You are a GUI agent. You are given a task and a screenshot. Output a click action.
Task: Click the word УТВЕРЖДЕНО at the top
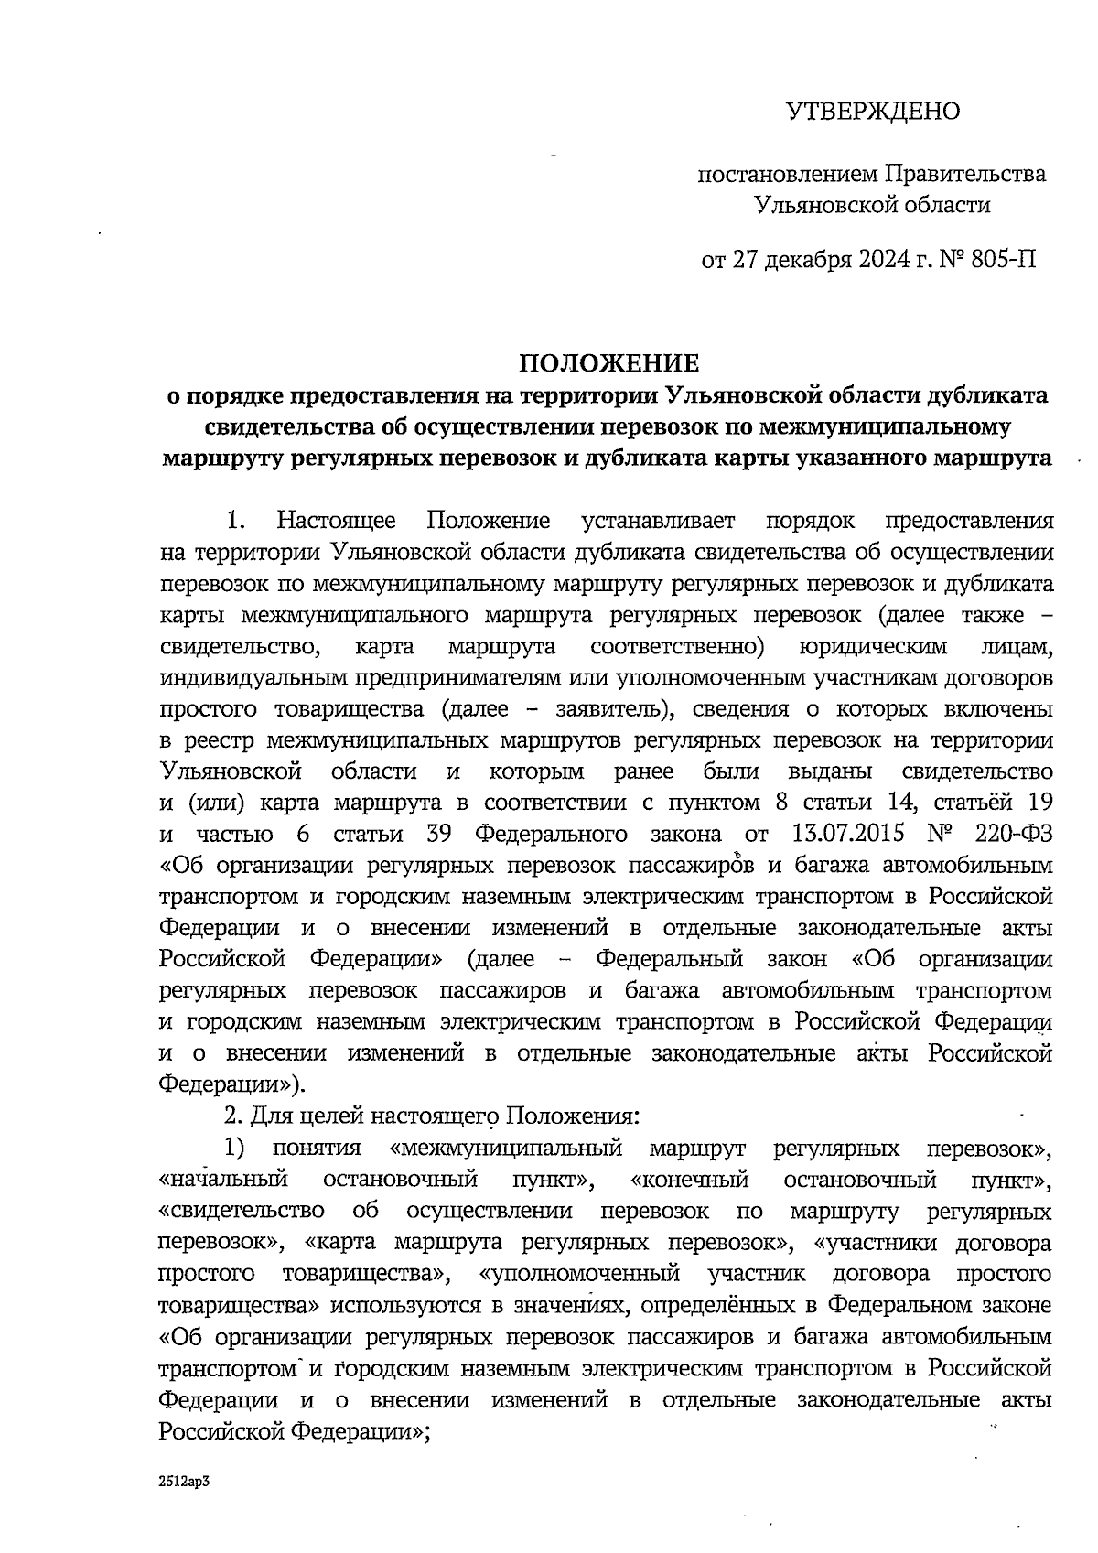pos(873,112)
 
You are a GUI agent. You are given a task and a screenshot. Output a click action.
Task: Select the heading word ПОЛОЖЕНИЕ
pos(609,364)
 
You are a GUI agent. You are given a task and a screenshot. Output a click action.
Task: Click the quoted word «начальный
pos(223,1180)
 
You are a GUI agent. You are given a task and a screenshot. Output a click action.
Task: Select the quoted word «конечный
pos(690,1180)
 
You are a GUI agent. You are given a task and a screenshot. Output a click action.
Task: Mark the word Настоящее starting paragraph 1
pos(337,522)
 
